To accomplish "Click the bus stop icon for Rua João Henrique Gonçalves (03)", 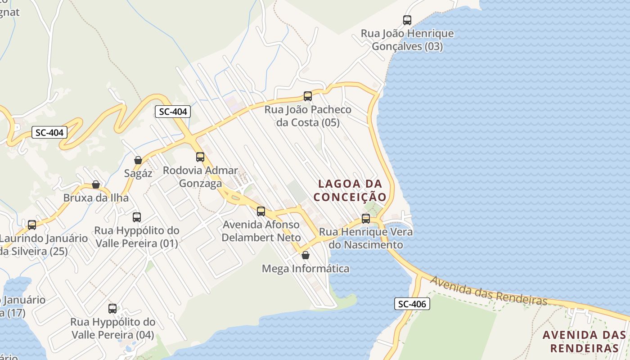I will (407, 20).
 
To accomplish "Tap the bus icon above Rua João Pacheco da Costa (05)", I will (308, 96).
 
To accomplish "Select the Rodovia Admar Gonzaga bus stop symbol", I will (200, 157).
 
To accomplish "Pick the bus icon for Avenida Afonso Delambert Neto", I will (261, 211).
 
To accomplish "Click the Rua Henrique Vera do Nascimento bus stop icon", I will (366, 219).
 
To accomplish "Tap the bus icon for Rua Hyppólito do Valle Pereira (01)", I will (137, 217).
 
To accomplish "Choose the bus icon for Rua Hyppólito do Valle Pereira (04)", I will (112, 309).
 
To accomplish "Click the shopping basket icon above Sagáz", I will (138, 160).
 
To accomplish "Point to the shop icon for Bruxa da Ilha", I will (96, 184).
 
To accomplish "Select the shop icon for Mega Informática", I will (306, 255).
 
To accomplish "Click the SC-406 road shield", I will (412, 304).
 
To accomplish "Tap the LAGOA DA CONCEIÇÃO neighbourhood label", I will (350, 190).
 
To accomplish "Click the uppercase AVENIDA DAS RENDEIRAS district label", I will (584, 342).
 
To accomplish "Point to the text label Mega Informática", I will (306, 269).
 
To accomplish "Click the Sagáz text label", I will (138, 173).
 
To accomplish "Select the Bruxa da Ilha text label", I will (96, 198).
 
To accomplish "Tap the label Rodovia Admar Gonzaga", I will (200, 177).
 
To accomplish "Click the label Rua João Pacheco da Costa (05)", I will (308, 116).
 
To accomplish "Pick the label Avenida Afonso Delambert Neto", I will (261, 231).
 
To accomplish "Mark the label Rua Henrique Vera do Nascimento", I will (366, 238).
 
